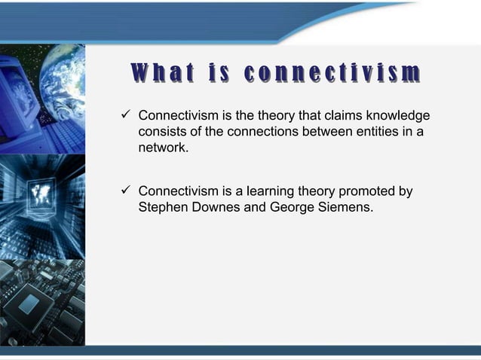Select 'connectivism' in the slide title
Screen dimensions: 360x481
[332, 73]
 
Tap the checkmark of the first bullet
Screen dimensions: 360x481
[126, 116]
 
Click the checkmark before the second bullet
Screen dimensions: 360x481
[126, 191]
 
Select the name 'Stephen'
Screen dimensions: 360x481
[162, 207]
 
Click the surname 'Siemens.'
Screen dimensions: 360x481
[345, 207]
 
